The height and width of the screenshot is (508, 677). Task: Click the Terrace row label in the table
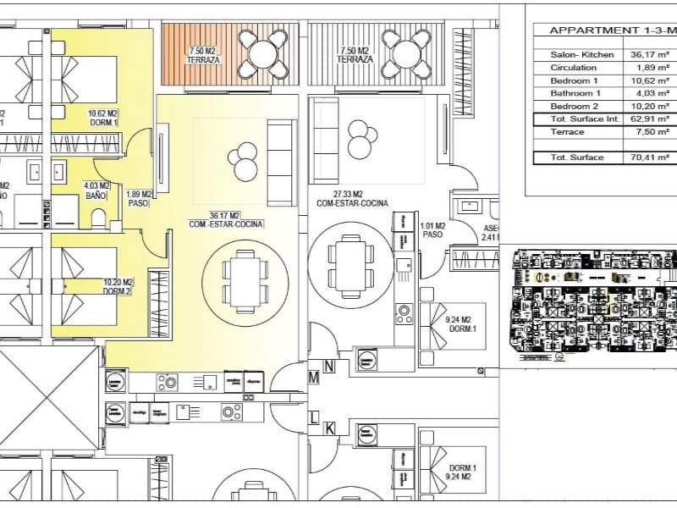click(567, 132)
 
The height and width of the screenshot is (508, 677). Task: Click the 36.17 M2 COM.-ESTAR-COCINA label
click(226, 220)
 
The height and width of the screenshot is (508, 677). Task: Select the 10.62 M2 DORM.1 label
click(103, 118)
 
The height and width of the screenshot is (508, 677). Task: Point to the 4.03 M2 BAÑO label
click(96, 190)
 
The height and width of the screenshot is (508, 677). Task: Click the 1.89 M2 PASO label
click(139, 199)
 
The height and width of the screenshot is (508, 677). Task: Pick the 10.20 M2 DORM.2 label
click(118, 287)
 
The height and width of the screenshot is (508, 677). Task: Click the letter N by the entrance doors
click(330, 367)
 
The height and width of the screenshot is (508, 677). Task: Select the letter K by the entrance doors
click(330, 428)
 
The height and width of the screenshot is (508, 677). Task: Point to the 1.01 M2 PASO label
click(432, 229)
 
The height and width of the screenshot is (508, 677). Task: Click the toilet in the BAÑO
click(99, 218)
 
